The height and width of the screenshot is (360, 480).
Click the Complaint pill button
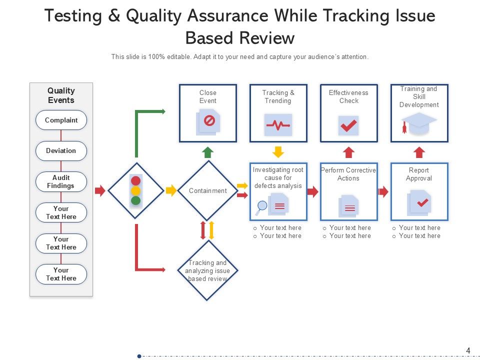[x=61, y=120]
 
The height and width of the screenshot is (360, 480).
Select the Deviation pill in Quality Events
[x=61, y=150]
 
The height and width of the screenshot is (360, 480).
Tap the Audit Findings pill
[x=61, y=181]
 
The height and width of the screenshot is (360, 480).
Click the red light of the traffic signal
[x=135, y=181]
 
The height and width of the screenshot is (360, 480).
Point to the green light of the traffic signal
[x=135, y=200]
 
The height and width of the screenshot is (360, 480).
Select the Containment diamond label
[x=207, y=190]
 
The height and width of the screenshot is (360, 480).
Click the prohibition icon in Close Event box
[x=209, y=120]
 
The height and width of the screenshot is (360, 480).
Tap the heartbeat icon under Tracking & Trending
[x=278, y=125]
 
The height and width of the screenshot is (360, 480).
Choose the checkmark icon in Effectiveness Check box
[x=348, y=125]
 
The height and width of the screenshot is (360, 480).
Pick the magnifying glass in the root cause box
[x=261, y=206]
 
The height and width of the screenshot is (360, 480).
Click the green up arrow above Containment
[x=207, y=152]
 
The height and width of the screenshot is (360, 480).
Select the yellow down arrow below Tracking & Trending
[x=278, y=152]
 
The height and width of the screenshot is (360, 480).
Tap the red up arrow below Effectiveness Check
[x=348, y=152]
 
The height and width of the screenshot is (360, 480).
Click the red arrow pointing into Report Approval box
[x=383, y=191]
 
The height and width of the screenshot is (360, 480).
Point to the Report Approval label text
[x=419, y=174]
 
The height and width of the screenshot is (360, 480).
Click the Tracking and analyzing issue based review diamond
[x=207, y=270]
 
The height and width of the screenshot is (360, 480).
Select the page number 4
[x=468, y=350]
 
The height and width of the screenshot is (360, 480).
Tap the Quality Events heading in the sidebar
[x=61, y=95]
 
